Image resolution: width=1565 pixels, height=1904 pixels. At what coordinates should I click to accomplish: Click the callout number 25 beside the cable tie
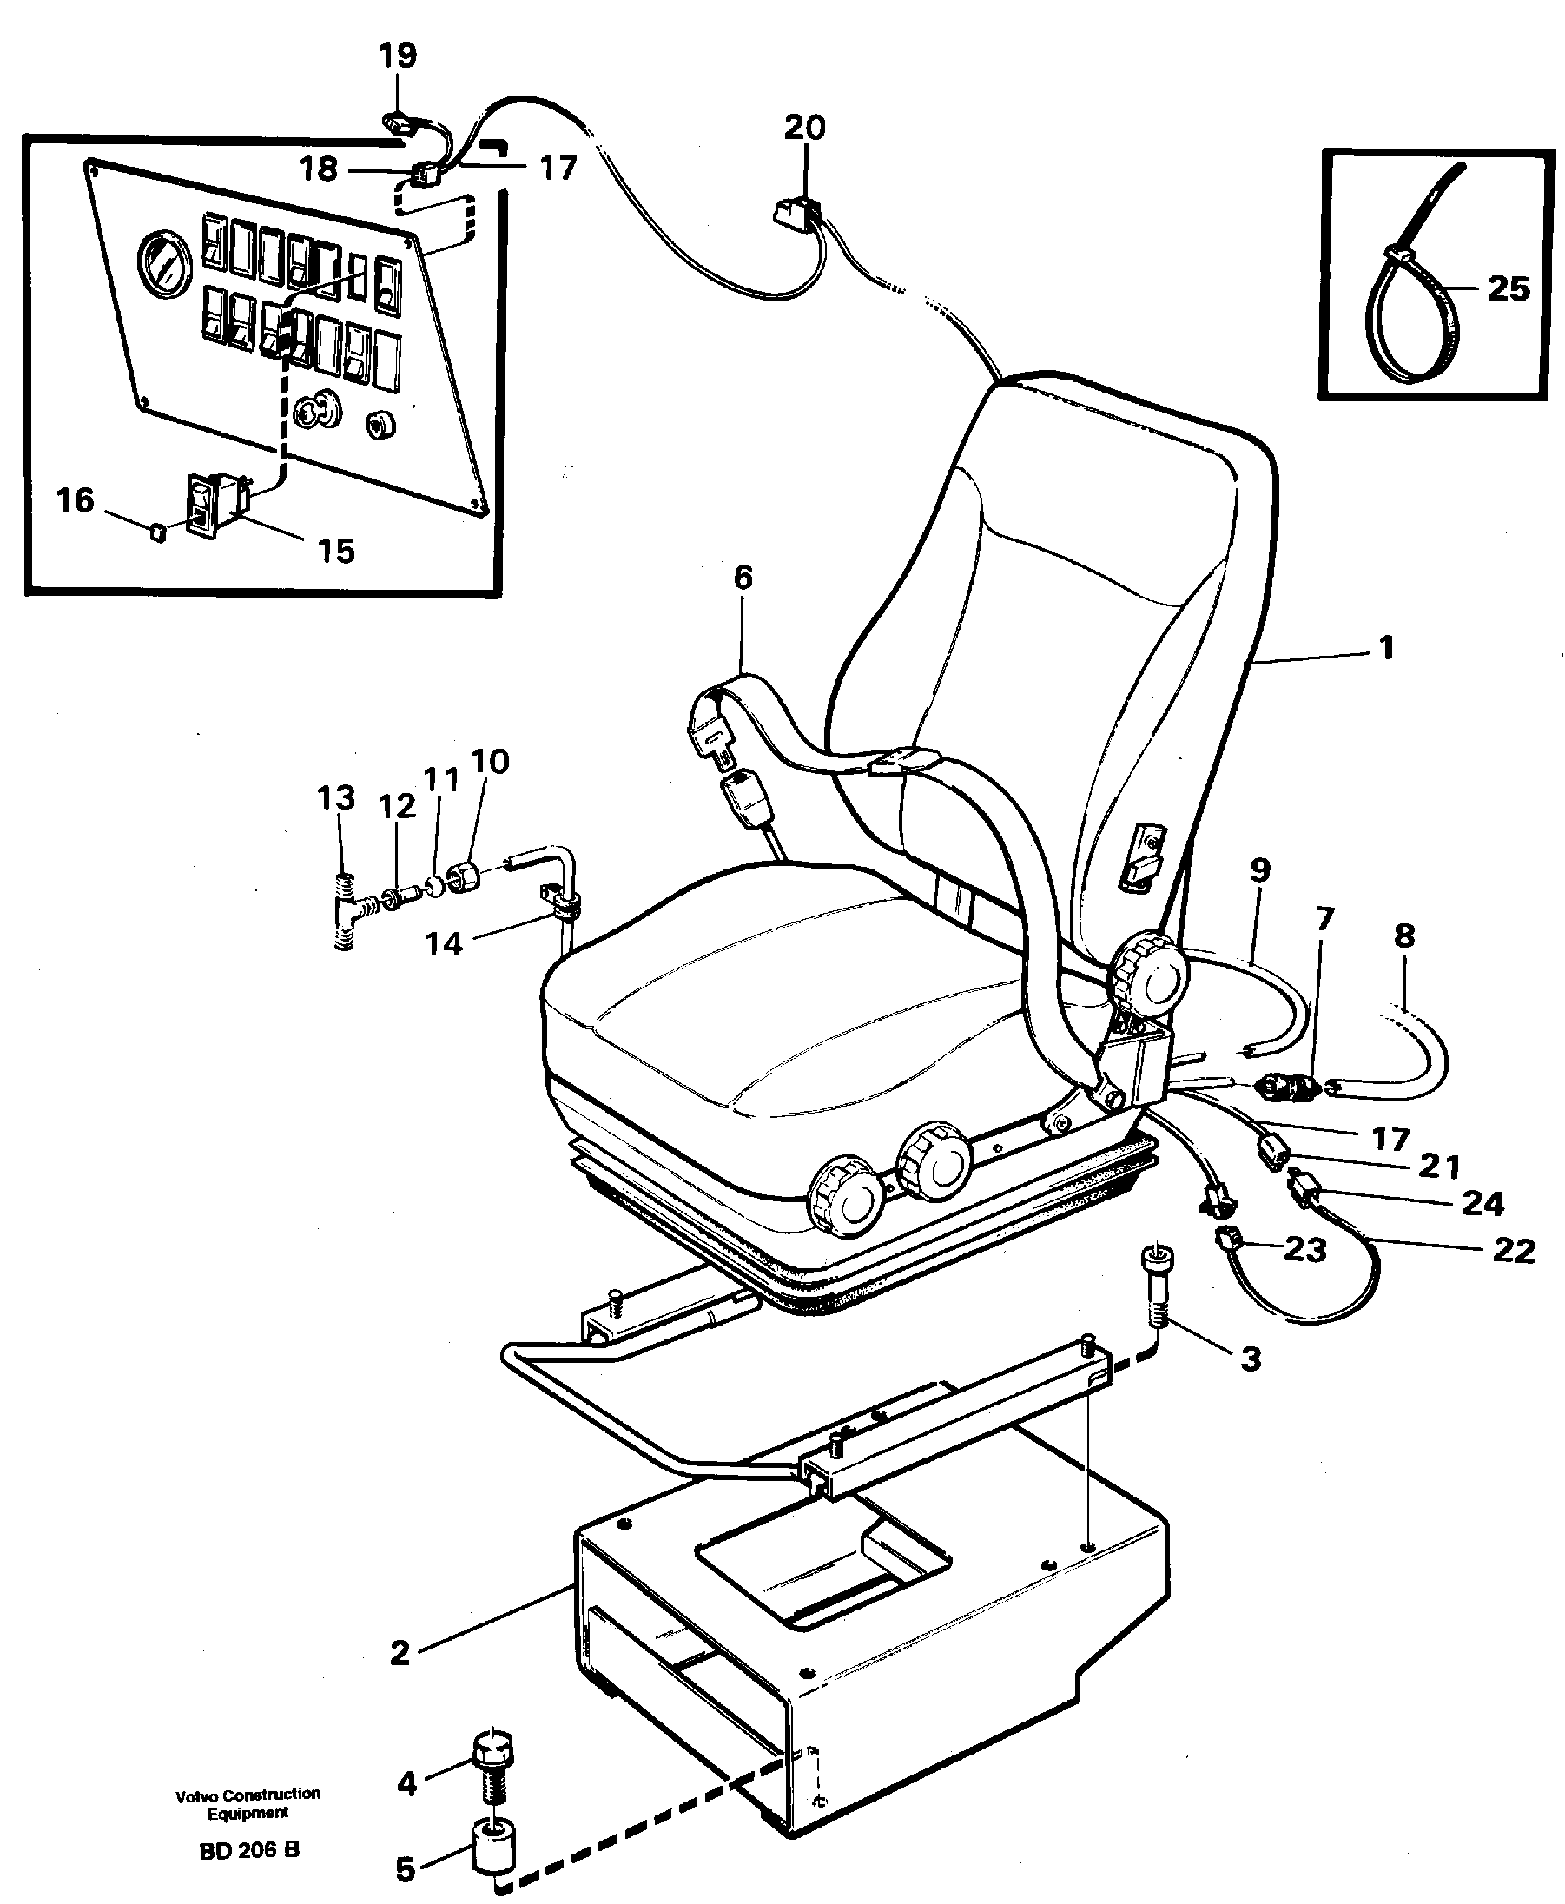[x=1509, y=288]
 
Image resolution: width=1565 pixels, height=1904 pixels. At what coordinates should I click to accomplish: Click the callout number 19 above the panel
[x=398, y=56]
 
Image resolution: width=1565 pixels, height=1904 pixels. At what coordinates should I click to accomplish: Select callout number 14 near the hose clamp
[x=444, y=944]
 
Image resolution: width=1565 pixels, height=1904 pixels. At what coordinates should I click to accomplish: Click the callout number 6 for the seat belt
[x=743, y=578]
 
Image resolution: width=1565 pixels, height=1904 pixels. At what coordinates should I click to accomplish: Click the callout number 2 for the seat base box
[x=400, y=1652]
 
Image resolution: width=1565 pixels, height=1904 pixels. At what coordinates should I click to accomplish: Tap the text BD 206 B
[x=248, y=1850]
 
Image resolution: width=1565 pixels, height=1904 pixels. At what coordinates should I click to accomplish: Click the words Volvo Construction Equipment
[x=248, y=1803]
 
